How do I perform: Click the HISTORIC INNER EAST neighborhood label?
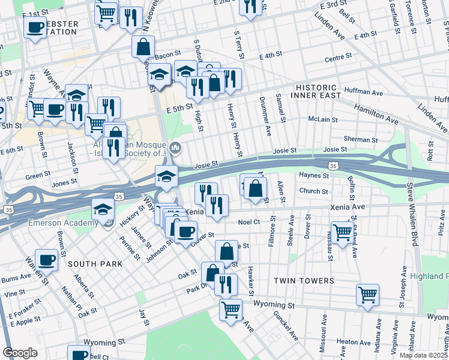317,91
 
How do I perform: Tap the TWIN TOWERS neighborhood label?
304,281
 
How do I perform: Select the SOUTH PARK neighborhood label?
95,264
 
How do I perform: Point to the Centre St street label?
337,58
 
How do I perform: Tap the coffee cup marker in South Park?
47,260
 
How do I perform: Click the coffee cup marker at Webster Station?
35,27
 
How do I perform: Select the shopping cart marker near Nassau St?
342,232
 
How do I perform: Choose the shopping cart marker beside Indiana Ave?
367,294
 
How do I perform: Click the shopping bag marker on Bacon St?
143,46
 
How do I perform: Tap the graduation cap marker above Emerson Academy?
103,209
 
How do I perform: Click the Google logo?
20,353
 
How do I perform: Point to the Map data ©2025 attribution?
423,355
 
